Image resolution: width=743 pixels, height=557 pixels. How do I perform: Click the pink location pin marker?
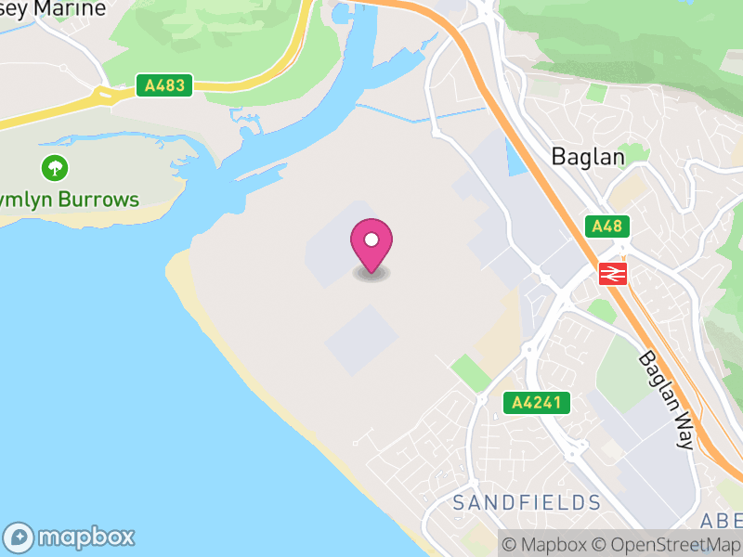click(x=371, y=244)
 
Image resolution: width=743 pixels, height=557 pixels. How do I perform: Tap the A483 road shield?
click(x=164, y=85)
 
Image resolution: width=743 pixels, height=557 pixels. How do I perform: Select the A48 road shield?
click(x=608, y=226)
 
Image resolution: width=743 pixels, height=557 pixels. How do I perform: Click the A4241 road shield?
click(x=536, y=403)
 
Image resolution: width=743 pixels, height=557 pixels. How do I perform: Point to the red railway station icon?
click(x=613, y=273)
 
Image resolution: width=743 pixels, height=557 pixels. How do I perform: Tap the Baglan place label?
click(x=588, y=156)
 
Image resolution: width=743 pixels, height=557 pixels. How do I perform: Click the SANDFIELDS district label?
click(x=527, y=503)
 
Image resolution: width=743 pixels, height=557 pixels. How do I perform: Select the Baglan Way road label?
click(x=666, y=401)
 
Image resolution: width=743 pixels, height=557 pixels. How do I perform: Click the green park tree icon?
click(x=55, y=168)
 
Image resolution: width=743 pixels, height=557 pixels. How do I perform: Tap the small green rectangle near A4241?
click(x=470, y=372)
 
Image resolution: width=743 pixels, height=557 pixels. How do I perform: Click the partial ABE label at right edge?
click(x=723, y=518)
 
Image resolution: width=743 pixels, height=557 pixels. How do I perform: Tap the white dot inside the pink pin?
click(x=371, y=240)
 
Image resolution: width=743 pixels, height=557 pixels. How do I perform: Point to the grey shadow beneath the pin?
click(x=371, y=274)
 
